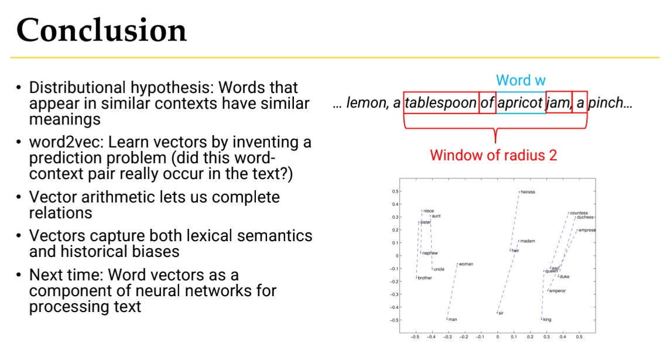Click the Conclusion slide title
point(101,30)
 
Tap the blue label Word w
point(521,80)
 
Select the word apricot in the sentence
point(520,103)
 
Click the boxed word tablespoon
point(440,103)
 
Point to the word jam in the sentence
point(559,103)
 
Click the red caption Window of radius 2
point(494,155)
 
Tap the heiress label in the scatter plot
point(528,192)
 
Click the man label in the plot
point(453,319)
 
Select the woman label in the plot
point(466,264)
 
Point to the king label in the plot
point(547,319)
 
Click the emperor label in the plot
point(557,291)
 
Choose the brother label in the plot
point(425,278)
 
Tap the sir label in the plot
point(501,313)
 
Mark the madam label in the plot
point(528,241)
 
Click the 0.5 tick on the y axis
point(395,191)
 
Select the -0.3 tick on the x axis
point(447,337)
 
